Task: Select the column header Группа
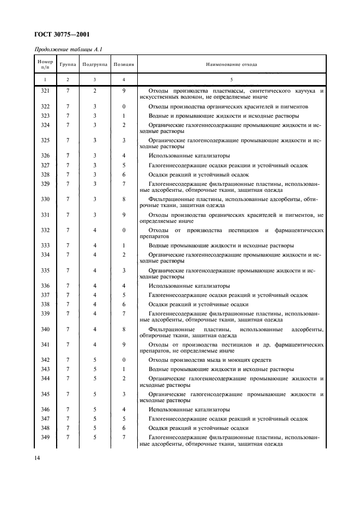(x=68, y=64)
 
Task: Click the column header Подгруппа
(x=94, y=64)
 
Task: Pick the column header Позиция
(x=124, y=64)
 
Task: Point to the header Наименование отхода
(x=231, y=64)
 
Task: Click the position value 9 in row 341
(x=124, y=344)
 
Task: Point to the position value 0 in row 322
(x=124, y=106)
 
